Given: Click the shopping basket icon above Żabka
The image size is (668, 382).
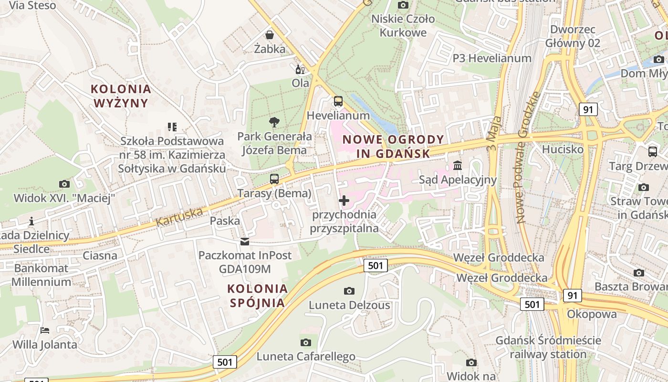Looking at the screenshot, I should (x=270, y=35).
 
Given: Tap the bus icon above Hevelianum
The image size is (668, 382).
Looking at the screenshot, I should (x=338, y=101).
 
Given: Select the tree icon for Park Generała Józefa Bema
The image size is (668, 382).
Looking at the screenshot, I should (x=274, y=122).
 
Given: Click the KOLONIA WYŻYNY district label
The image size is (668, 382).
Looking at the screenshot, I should (x=121, y=95).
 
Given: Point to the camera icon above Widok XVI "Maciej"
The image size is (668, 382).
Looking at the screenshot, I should (x=64, y=184).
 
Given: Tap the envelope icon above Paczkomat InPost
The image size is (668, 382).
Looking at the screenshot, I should (x=245, y=242).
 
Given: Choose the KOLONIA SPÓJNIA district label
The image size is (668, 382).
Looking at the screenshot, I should (x=258, y=296).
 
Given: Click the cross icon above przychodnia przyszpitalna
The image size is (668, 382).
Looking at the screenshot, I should (x=344, y=201).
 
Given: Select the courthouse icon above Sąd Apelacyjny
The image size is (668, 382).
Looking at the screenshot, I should (x=458, y=166).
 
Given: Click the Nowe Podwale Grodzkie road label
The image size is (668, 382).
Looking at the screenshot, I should (x=527, y=158).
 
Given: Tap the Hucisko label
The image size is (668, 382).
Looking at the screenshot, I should (x=563, y=149).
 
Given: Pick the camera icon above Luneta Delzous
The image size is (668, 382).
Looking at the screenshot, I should (x=349, y=291).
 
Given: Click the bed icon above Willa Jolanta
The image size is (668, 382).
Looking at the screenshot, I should (x=45, y=330).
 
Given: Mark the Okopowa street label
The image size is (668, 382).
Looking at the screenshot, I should (x=592, y=314).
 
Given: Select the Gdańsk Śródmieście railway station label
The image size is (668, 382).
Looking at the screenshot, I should (x=548, y=348).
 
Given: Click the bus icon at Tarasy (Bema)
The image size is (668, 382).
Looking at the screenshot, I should (x=274, y=179).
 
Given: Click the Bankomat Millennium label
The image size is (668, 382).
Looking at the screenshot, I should (x=42, y=275).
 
